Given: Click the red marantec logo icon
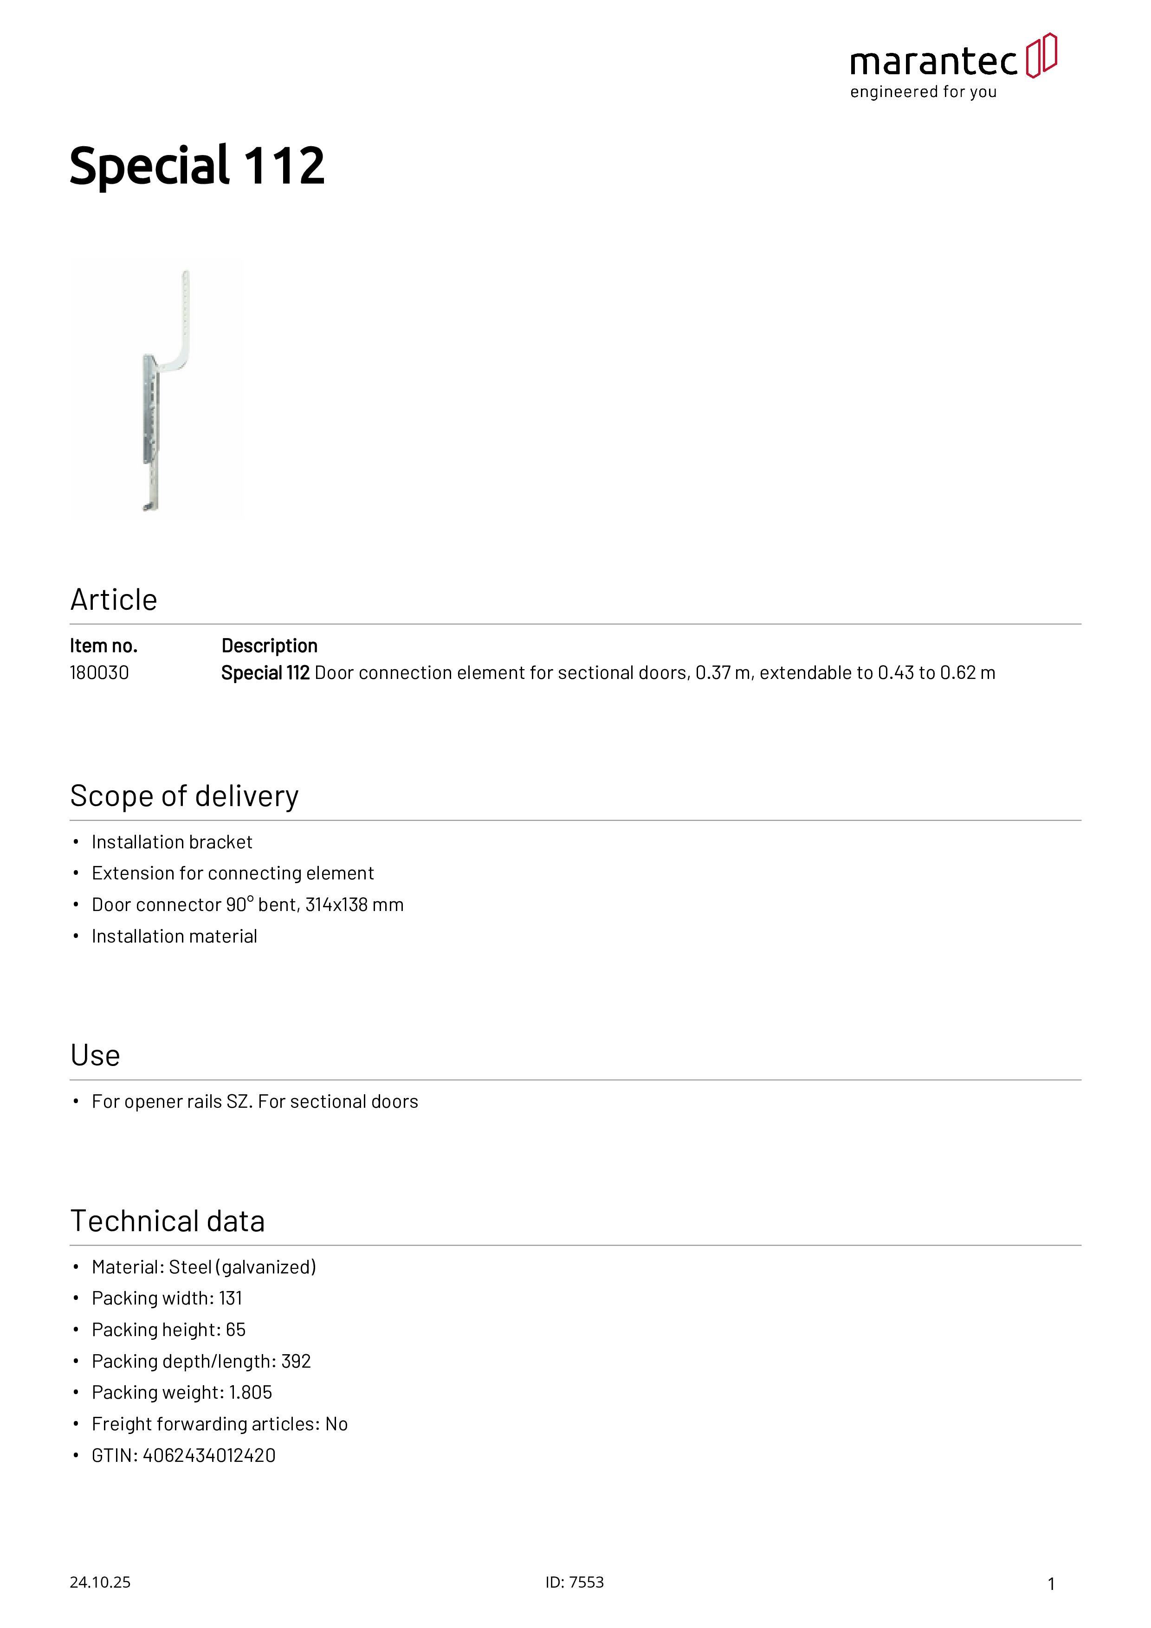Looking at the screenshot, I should pos(1041,55).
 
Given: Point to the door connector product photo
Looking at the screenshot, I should pos(157,389).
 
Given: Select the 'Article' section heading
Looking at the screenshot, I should pos(113,600).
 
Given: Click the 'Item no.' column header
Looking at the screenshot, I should pos(103,646).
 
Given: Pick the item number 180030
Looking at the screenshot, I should pos(99,673).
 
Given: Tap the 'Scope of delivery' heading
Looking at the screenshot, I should pos(184,796).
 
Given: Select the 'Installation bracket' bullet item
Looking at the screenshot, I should pos(172,842).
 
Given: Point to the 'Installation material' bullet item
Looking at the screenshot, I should pos(175,937).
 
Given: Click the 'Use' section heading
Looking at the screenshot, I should pos(95,1056).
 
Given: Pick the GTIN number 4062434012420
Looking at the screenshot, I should pos(209,1456).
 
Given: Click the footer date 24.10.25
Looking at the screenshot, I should pos(100,1583).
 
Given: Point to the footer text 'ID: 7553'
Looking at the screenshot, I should pos(575,1583).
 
